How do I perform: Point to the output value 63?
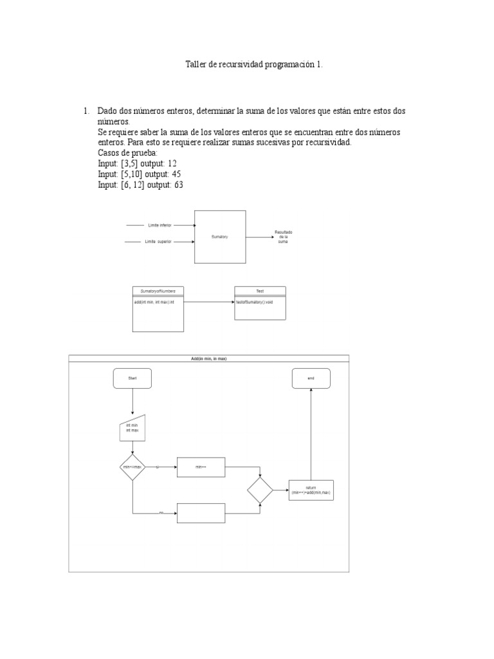177,185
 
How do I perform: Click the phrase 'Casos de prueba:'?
123,153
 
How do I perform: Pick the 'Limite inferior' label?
160,226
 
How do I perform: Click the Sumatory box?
220,237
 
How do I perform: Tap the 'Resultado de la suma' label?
283,236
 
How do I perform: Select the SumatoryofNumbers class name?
158,291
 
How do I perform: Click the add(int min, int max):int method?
154,301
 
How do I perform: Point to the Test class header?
260,291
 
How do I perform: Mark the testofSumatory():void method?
255,301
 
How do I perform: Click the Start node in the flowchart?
133,378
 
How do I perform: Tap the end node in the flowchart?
311,378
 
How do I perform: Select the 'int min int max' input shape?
133,428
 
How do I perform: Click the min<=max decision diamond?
133,467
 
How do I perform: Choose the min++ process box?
201,467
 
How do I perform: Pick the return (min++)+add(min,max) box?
311,490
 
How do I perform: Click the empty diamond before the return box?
261,490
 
